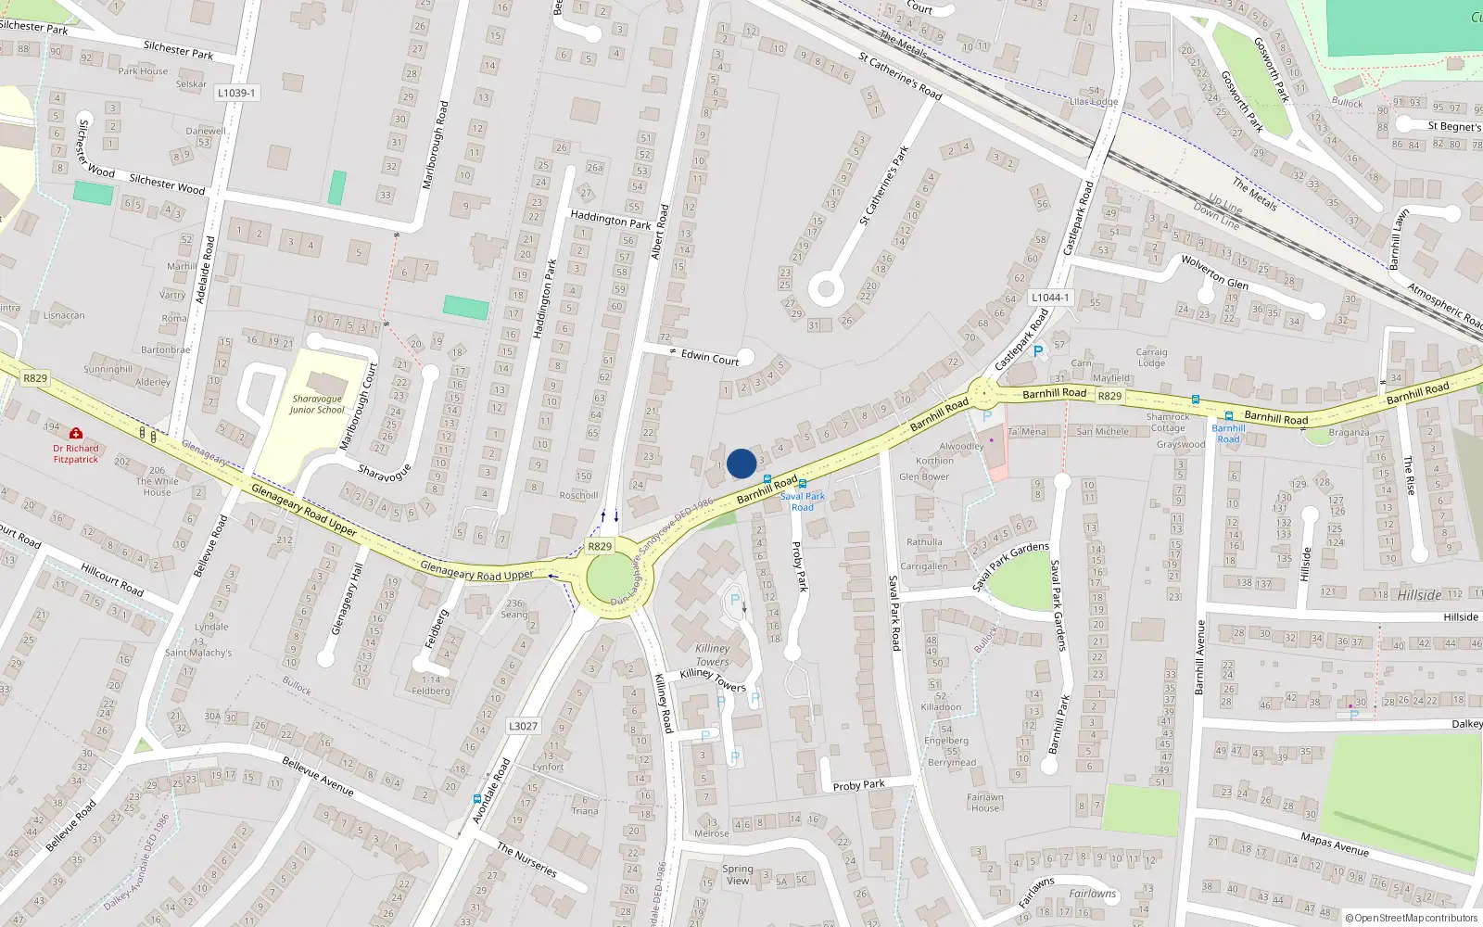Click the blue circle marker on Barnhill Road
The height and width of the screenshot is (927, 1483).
(741, 463)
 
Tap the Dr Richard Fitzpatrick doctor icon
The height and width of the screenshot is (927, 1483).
(76, 434)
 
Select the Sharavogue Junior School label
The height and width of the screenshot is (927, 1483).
(316, 404)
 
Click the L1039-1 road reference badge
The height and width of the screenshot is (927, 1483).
(236, 93)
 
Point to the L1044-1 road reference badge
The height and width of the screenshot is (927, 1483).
(1050, 298)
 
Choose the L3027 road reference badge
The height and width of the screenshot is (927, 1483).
(523, 726)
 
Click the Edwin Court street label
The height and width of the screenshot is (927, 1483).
(710, 357)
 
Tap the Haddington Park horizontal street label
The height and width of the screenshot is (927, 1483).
(610, 220)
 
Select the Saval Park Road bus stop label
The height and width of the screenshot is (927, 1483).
(802, 502)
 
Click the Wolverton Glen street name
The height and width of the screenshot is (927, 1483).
(1214, 273)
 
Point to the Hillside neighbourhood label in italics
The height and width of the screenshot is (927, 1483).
(1419, 595)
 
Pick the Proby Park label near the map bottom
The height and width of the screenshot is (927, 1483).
(858, 785)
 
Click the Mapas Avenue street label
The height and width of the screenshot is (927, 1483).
(1334, 844)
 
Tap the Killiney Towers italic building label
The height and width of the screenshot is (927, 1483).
(712, 654)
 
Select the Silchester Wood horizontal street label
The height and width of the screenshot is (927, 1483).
(167, 184)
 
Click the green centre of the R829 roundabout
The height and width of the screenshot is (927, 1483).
(619, 579)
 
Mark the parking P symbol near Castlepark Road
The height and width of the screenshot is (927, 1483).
(1038, 351)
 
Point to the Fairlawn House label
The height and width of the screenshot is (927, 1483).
(985, 802)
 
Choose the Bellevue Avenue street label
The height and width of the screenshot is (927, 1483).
(318, 776)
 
